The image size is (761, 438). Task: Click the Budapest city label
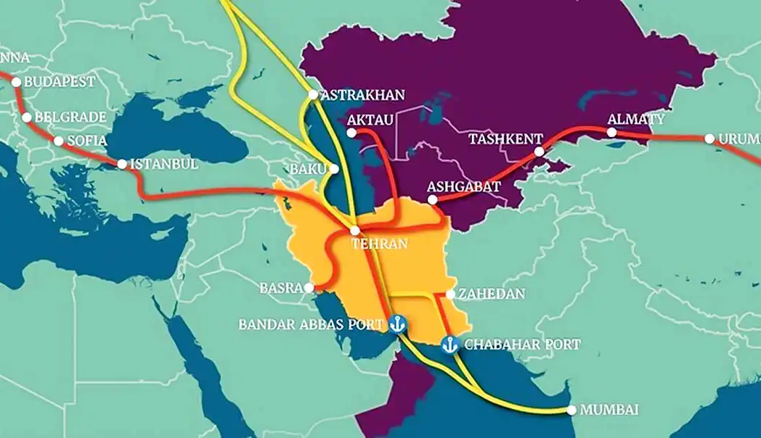click(60, 82)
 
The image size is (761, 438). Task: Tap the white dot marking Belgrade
click(27, 117)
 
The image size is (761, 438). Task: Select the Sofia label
click(86, 141)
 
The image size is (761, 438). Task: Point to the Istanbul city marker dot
click(121, 165)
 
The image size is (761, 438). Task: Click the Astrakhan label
click(362, 95)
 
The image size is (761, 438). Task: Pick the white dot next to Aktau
click(351, 133)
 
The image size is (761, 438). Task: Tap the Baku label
click(309, 169)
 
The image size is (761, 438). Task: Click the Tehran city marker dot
click(354, 230)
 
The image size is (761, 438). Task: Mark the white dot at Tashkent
click(539, 152)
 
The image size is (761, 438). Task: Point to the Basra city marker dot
click(310, 288)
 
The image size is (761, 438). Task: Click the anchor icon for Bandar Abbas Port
click(396, 323)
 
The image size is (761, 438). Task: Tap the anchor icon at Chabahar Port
click(449, 344)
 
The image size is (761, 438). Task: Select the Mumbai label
click(610, 410)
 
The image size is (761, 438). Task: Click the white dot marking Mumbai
click(572, 410)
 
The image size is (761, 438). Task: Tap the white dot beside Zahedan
click(451, 294)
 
